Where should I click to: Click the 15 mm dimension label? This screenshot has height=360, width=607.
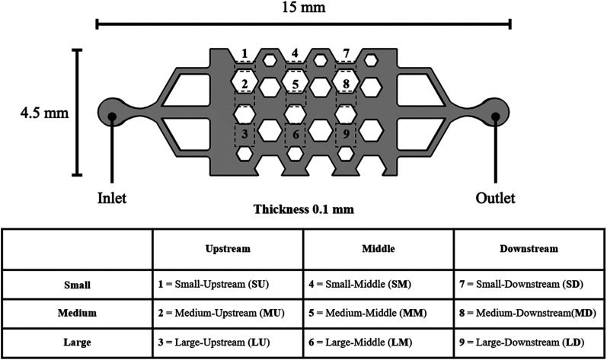pos(303,9)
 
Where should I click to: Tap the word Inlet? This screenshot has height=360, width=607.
pos(112,199)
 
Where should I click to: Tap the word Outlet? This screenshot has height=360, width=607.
pos(495,199)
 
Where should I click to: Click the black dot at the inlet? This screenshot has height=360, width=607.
pos(112,116)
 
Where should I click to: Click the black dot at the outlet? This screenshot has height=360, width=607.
pos(496,116)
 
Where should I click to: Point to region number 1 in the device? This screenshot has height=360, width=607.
pos(244,53)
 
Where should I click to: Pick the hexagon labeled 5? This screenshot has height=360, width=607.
pos(295,82)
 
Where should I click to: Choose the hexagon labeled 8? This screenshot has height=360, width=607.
pos(346,82)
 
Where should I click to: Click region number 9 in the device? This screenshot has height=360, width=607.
pos(346,135)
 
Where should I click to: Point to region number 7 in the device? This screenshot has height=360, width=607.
pos(346,53)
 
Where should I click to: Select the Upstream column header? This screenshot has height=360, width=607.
pos(228,249)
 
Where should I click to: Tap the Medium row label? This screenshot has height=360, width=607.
pos(76,312)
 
